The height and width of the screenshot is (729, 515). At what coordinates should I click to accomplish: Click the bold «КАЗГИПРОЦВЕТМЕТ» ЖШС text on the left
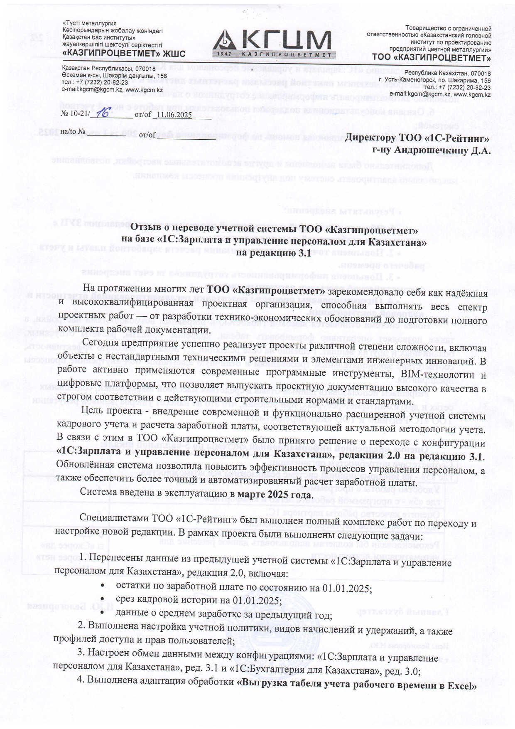123,53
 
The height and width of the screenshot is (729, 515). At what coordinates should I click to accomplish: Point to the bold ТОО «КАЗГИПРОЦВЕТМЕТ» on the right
432,57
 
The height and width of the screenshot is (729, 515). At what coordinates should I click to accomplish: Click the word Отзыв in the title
147,229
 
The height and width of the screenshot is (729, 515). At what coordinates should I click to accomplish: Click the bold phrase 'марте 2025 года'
275,496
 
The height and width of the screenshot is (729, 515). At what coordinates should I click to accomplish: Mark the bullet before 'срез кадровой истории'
102,601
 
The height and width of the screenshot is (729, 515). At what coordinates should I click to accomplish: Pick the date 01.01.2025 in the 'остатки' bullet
347,589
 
